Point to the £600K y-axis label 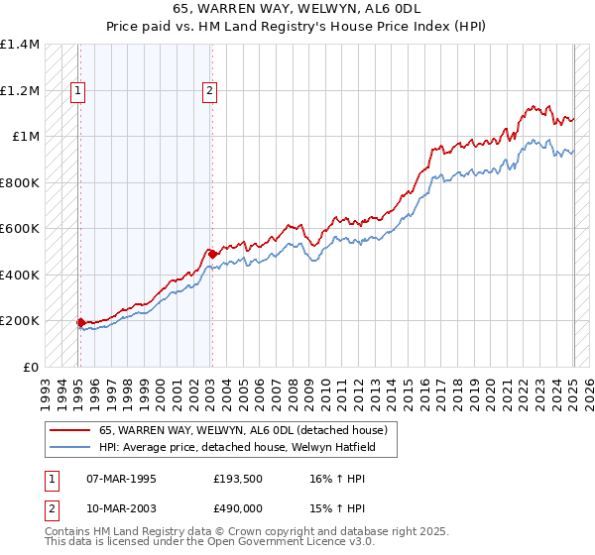(20, 229)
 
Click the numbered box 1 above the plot (78, 91)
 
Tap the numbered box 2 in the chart (210, 91)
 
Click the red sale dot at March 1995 (80, 322)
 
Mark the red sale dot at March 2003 (211, 254)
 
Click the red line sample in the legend (70, 430)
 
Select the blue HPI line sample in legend (70, 447)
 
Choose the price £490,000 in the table (237, 507)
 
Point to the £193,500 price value (237, 478)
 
